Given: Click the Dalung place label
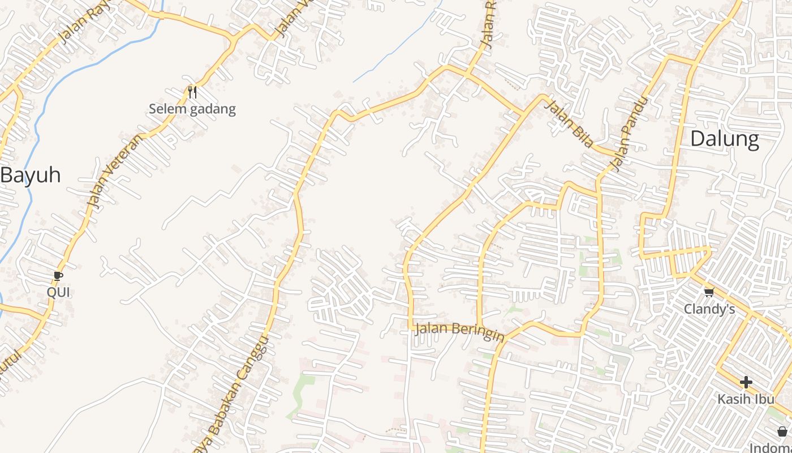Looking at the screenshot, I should tap(724, 139).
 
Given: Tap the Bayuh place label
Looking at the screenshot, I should tap(31, 175).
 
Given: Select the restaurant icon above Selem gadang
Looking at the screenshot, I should tap(192, 92).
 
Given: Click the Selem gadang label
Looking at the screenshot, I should tap(192, 109).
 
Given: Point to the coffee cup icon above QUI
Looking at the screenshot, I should tap(58, 276).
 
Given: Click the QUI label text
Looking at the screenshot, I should tap(58, 292).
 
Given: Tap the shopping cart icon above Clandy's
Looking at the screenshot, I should tap(709, 292).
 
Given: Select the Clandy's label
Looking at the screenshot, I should tap(709, 309).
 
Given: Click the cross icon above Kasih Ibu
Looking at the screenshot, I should tap(746, 382).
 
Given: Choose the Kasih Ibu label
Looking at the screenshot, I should tap(746, 399).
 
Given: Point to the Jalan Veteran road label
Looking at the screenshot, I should tap(115, 171).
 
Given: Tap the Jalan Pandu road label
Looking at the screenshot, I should tap(629, 134).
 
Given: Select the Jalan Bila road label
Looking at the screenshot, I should tap(569, 122).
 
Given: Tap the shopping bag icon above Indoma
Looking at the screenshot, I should tap(782, 431).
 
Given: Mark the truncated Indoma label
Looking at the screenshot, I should tap(771, 447).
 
